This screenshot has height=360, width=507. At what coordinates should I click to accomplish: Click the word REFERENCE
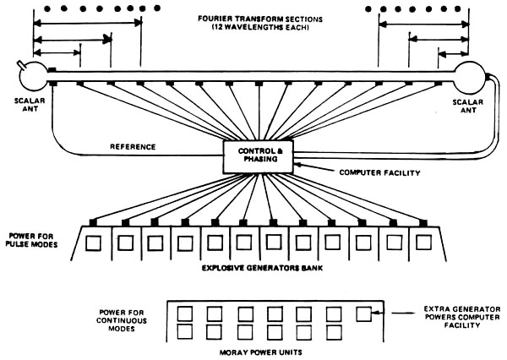click(x=133, y=146)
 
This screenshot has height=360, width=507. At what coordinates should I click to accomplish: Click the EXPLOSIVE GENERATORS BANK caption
click(x=253, y=268)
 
